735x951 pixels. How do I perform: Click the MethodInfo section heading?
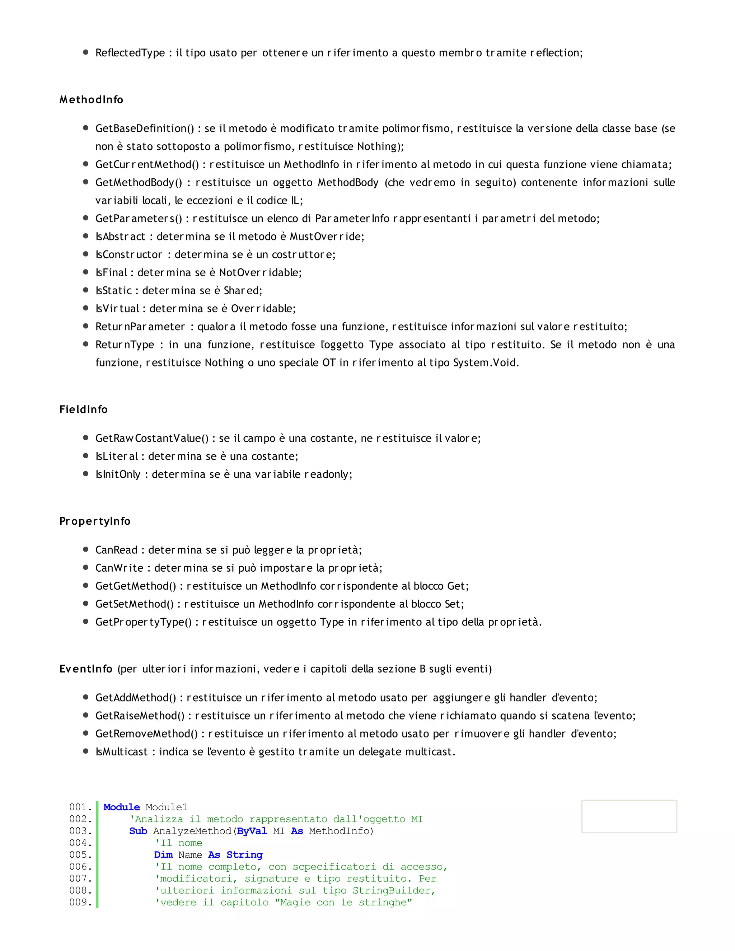tap(92, 100)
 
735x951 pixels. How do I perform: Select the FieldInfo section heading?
tap(84, 409)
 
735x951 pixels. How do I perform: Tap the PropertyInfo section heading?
tap(95, 521)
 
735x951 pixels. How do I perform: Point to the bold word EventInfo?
tap(86, 669)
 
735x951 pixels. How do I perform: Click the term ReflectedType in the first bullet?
tap(130, 53)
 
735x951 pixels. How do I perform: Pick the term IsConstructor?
tap(128, 254)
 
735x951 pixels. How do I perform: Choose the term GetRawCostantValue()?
tap(152, 438)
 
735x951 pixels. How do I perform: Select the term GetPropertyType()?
tap(144, 622)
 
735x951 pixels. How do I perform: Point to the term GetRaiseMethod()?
tap(140, 716)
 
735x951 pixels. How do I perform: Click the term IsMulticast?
tap(122, 751)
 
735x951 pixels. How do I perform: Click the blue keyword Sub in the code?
tap(138, 831)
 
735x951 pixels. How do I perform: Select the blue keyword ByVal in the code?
tap(252, 831)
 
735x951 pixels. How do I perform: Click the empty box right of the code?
tap(629, 816)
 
